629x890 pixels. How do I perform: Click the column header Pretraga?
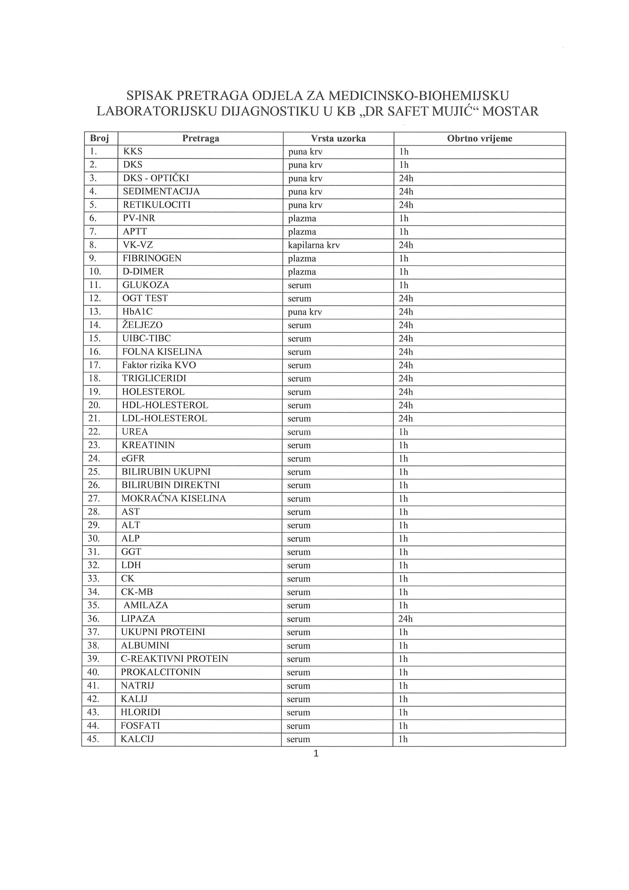coord(201,138)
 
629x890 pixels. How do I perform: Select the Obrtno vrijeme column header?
coord(480,138)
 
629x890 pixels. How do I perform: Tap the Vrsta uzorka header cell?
coord(338,138)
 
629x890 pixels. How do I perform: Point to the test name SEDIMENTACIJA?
coord(161,192)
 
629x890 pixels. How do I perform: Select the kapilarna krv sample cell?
coord(314,245)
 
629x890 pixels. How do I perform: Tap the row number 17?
coord(95,365)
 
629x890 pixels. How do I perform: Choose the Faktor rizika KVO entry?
coord(159,365)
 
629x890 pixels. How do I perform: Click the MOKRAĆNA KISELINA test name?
coord(173,498)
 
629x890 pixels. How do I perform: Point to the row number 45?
coord(93,739)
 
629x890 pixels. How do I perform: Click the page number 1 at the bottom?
coord(316,753)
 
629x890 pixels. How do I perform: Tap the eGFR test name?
coord(133,459)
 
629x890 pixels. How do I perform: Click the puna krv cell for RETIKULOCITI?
coord(305,205)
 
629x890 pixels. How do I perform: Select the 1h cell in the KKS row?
coord(404,152)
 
